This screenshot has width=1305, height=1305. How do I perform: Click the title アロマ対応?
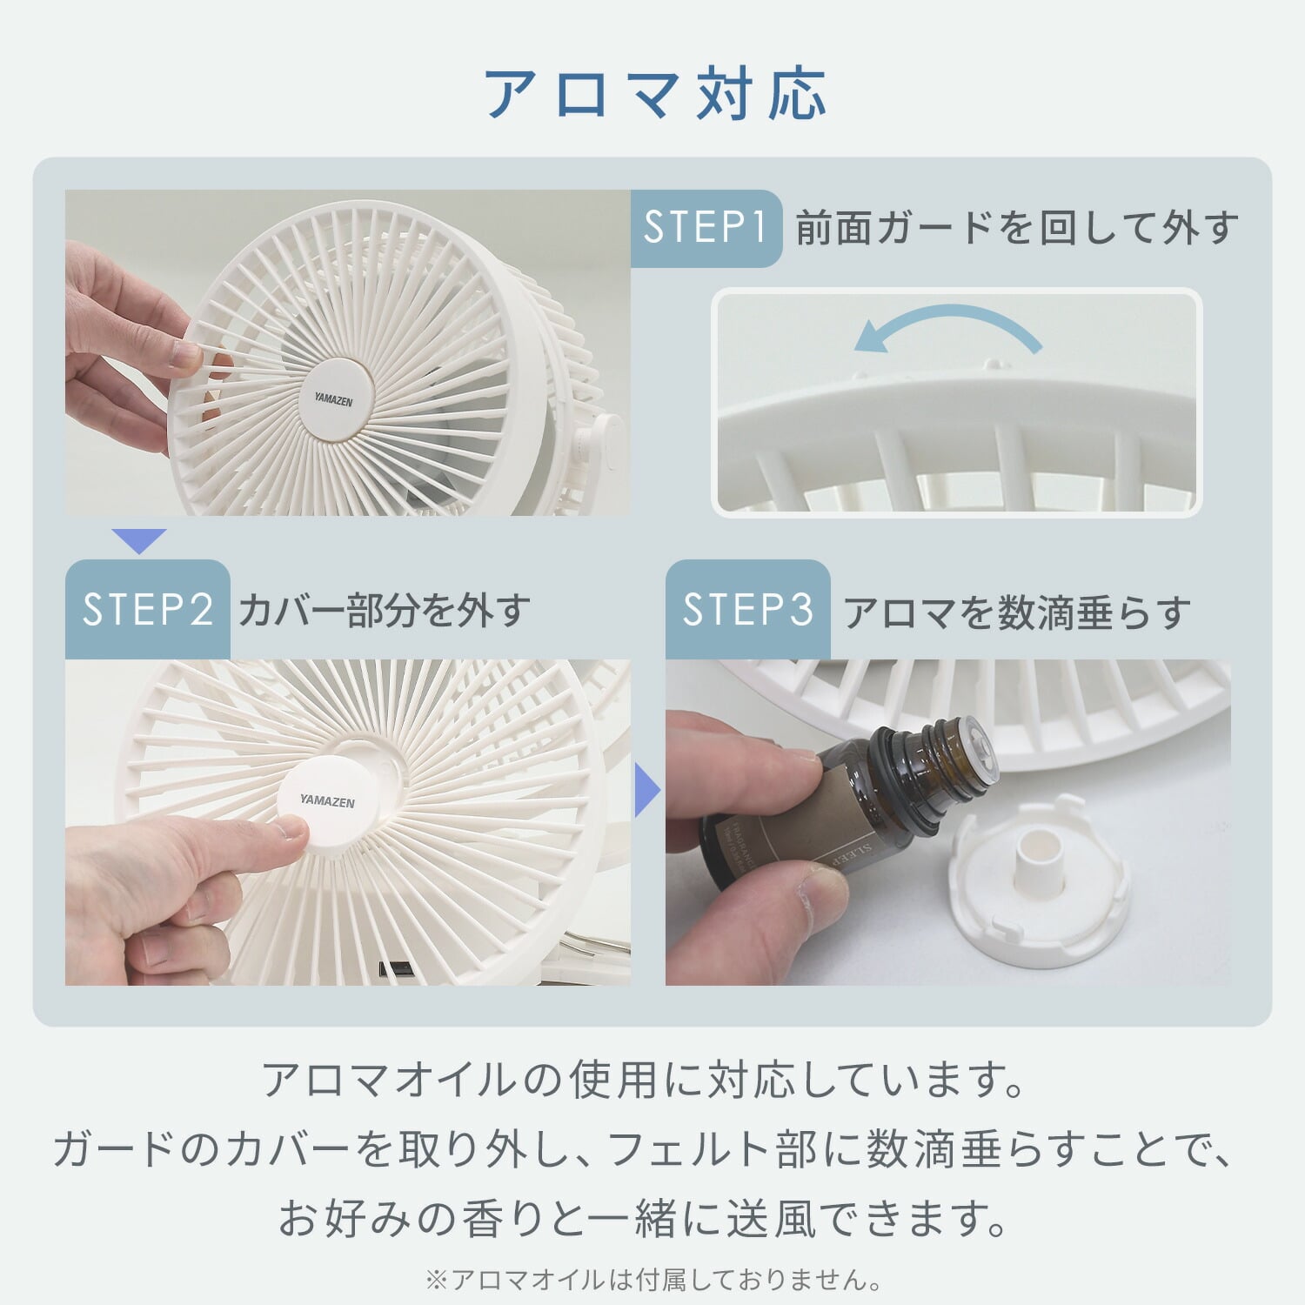tap(654, 94)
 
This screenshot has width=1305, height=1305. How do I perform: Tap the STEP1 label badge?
tap(706, 228)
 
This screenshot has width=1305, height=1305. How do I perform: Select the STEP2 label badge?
tap(147, 609)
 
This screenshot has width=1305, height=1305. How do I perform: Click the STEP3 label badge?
tap(747, 609)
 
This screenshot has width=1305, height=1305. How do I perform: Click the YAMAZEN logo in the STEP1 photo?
tap(333, 399)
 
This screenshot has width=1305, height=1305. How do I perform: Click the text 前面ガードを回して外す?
tap(1016, 228)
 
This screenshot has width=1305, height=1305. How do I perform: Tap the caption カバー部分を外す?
tap(384, 611)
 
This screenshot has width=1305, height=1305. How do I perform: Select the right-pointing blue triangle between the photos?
tap(646, 790)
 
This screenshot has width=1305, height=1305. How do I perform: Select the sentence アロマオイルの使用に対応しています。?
tap(645, 1080)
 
